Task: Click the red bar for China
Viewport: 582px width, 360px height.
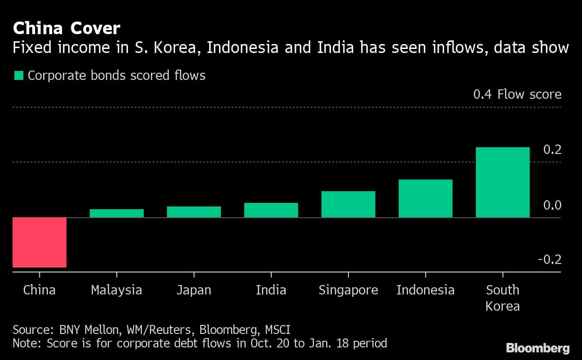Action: (40, 242)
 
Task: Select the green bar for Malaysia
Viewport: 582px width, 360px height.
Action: (117, 213)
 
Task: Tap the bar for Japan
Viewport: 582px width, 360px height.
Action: (194, 212)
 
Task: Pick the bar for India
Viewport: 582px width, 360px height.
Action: (271, 210)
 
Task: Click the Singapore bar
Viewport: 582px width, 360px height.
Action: (348, 204)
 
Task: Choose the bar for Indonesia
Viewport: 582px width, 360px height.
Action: (425, 198)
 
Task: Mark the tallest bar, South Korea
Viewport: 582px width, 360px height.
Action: (503, 182)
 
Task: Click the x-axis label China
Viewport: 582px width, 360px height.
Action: (40, 290)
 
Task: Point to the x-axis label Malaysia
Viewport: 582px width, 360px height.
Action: (117, 290)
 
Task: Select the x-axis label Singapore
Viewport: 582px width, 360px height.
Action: (348, 290)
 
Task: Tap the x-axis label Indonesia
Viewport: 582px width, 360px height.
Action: (425, 290)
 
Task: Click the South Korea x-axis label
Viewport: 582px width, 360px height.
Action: (503, 298)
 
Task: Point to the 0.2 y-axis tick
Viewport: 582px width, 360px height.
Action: (552, 149)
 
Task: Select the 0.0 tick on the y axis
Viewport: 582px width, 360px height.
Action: (552, 205)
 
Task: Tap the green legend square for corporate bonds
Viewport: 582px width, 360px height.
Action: (18, 75)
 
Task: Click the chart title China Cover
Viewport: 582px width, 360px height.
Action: (66, 29)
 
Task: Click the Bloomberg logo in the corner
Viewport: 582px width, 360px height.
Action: (538, 347)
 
